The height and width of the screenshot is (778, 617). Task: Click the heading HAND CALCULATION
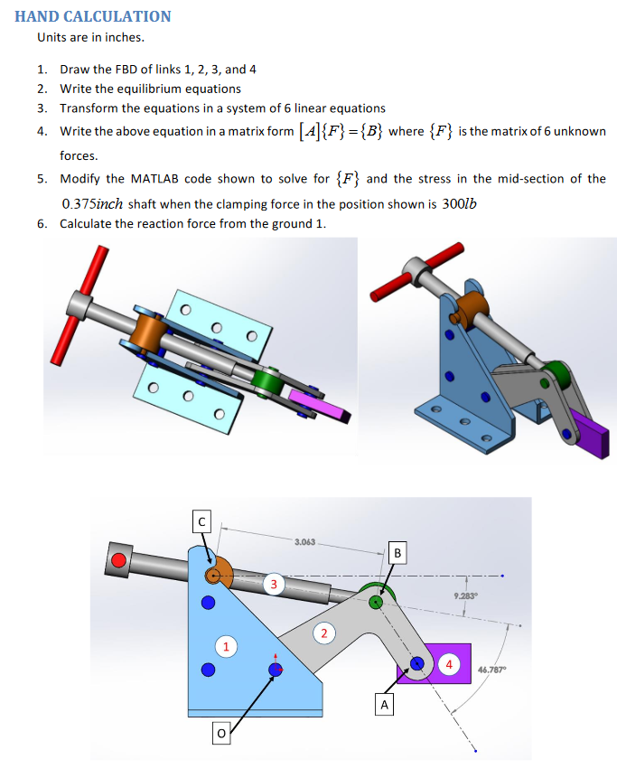pyautogui.click(x=93, y=16)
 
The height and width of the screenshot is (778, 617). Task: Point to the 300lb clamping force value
pyautogui.click(x=461, y=203)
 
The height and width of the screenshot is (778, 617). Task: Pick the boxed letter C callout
pyautogui.click(x=203, y=521)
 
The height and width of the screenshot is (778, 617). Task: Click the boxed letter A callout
pyautogui.click(x=386, y=704)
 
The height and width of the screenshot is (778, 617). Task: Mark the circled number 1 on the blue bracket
pyautogui.click(x=229, y=645)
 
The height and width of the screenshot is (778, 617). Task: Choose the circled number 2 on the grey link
pyautogui.click(x=324, y=631)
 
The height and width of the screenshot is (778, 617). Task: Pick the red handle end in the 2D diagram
pyautogui.click(x=117, y=558)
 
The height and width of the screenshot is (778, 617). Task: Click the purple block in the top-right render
pyautogui.click(x=589, y=438)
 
